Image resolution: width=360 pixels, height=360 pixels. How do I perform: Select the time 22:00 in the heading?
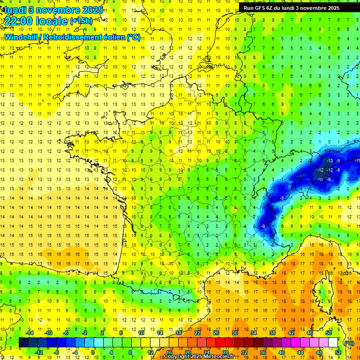click(x=21, y=21)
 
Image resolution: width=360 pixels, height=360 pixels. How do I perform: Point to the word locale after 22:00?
click(x=53, y=21)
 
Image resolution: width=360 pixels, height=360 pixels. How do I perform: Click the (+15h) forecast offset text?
click(x=81, y=21)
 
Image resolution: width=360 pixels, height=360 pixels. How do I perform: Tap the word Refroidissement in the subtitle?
click(x=84, y=37)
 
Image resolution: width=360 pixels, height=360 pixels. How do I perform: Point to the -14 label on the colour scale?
click(x=30, y=333)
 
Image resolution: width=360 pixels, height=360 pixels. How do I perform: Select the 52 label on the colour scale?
click(x=337, y=352)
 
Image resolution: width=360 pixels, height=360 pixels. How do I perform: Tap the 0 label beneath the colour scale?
click(x=93, y=352)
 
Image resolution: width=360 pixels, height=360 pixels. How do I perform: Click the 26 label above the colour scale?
click(x=216, y=333)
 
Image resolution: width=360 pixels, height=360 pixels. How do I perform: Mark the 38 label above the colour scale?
click(x=272, y=333)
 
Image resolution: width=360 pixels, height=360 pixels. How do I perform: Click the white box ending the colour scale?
click(x=333, y=342)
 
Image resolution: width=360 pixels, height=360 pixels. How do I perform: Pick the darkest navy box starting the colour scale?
click(x=23, y=342)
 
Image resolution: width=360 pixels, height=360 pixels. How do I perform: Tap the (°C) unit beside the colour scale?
click(x=349, y=343)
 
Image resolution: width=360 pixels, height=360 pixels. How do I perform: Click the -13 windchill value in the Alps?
click(x=330, y=161)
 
